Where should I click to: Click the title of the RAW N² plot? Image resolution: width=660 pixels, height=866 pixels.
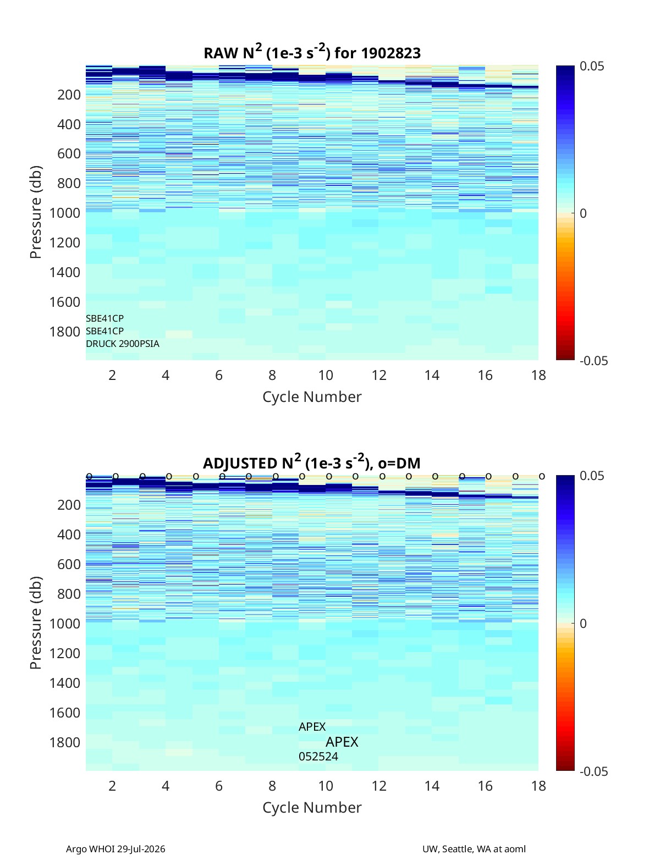tap(312, 52)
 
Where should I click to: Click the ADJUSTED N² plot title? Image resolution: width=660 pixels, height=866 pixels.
tap(312, 462)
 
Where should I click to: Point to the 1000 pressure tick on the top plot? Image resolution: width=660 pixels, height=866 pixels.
tap(65, 213)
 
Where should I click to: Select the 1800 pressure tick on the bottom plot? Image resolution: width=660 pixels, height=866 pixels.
tap(65, 742)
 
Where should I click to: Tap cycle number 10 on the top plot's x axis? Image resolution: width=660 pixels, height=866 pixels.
tap(326, 375)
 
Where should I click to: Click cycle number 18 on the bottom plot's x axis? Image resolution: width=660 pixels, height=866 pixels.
tap(538, 786)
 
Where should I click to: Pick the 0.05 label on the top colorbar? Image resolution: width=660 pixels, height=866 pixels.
tap(592, 66)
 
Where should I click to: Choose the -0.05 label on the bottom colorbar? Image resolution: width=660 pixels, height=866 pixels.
tap(593, 771)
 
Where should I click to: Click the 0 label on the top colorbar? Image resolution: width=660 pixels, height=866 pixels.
tap(583, 213)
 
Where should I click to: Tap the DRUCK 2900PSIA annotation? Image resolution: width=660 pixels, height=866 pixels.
tap(123, 344)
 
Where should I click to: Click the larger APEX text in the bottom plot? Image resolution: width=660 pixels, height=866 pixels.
tap(342, 742)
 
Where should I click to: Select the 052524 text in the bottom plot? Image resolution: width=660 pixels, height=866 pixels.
tap(318, 757)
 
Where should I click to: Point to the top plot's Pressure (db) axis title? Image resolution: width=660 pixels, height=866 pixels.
tap(36, 212)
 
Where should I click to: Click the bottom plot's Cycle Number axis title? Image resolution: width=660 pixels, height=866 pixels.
tap(312, 807)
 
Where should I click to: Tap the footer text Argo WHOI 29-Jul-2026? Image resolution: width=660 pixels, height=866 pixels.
tap(116, 848)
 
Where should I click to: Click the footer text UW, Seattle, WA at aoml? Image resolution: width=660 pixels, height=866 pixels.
tap(474, 848)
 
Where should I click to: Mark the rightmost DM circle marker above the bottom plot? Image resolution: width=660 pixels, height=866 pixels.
tap(542, 476)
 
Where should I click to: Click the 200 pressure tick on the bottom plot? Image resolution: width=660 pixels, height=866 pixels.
tap(69, 505)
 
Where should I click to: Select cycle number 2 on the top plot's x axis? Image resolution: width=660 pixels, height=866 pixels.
tap(112, 375)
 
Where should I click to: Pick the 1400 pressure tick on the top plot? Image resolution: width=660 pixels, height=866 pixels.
tap(65, 272)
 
